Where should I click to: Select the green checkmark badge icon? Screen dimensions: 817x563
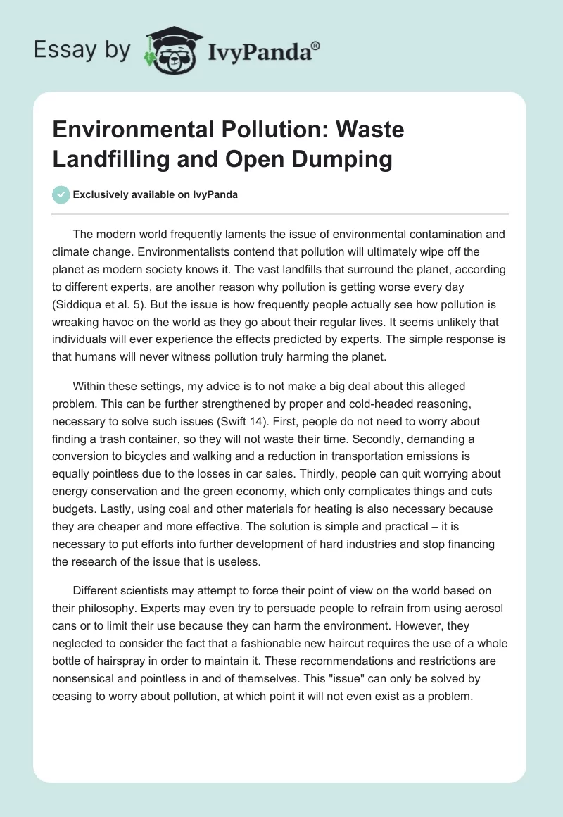(61, 194)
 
